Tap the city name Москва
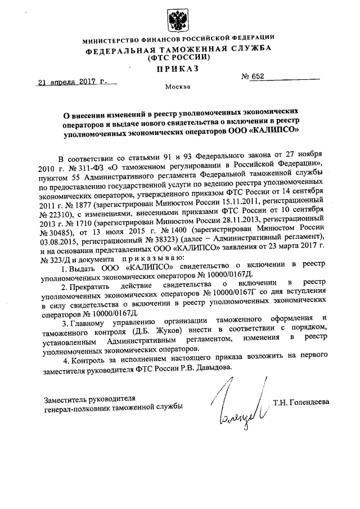click(x=178, y=87)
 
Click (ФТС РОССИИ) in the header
click(x=178, y=58)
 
